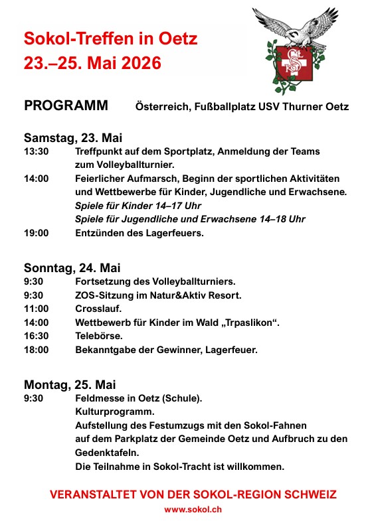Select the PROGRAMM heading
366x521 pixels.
click(66, 106)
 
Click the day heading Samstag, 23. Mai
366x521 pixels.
click(73, 138)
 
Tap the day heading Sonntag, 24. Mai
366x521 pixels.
click(72, 268)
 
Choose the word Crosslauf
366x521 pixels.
click(99, 309)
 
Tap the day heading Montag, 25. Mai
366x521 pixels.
click(70, 384)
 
